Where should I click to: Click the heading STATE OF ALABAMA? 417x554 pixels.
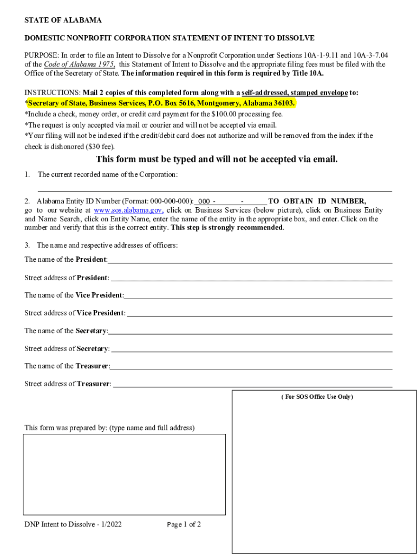click(63, 21)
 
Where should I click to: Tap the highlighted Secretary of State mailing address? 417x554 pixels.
click(161, 103)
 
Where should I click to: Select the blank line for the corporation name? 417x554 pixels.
click(214, 187)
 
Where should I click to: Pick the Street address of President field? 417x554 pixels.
click(251, 278)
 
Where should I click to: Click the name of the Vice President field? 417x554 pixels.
click(258, 295)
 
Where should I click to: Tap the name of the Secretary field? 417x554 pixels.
click(250, 331)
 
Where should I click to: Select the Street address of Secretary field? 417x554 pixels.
click(251, 348)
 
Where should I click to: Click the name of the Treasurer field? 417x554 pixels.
click(251, 366)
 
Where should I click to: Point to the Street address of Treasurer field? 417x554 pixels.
click(252, 384)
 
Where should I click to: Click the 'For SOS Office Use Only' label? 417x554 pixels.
click(317, 397)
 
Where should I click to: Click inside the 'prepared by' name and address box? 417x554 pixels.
click(124, 474)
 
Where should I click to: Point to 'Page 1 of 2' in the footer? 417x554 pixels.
click(184, 525)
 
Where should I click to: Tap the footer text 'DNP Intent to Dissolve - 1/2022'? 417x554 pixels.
click(73, 525)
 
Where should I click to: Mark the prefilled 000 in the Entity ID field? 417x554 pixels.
click(204, 201)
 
